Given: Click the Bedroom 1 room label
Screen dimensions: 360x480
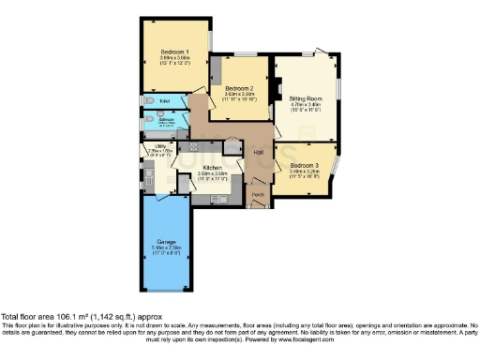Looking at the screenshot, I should coord(174,51).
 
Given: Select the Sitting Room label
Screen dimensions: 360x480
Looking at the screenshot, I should coord(305,97).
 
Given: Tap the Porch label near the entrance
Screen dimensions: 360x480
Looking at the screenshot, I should coord(258,195).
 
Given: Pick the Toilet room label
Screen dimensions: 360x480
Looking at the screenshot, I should coord(165,99).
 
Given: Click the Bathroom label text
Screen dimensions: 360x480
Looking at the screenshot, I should coord(166,119).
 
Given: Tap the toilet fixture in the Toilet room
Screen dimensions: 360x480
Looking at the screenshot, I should coord(150,99).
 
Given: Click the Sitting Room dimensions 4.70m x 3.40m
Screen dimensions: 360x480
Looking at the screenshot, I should coord(305,104).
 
